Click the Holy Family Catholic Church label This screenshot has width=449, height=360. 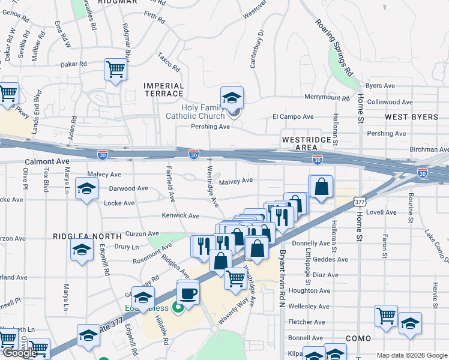point(194,112)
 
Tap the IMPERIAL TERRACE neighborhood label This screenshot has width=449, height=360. point(163,89)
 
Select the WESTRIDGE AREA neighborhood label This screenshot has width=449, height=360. point(306,143)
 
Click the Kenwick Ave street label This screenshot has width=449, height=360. point(180,215)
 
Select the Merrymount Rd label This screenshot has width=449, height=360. point(327,98)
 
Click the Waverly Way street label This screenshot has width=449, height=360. point(234,314)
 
